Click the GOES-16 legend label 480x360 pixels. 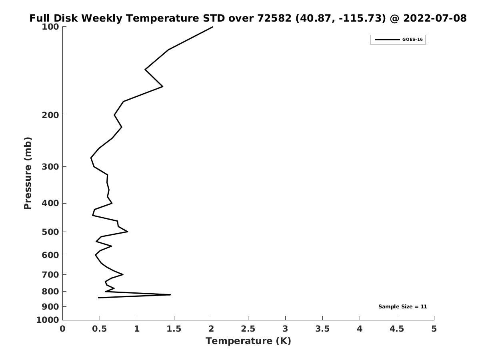pyautogui.click(x=412, y=40)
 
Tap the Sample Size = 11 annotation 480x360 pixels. pyautogui.click(x=402, y=307)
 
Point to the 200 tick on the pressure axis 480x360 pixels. pyautogui.click(x=64, y=115)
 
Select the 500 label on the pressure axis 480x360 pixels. pyautogui.click(x=50, y=232)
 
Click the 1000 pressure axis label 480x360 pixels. pyautogui.click(x=48, y=320)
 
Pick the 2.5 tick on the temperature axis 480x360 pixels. pyautogui.click(x=248, y=318)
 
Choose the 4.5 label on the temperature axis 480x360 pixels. pyautogui.click(x=397, y=329)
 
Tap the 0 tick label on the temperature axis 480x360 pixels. pyautogui.click(x=62, y=329)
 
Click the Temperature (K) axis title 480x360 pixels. pyautogui.click(x=248, y=341)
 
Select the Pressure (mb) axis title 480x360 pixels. pyautogui.click(x=28, y=173)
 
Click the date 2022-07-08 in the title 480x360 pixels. pyautogui.click(x=435, y=18)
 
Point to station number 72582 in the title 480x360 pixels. pyautogui.click(x=274, y=18)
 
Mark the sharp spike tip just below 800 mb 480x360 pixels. pyautogui.click(x=170, y=295)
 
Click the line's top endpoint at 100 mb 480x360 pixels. pyautogui.click(x=213, y=27)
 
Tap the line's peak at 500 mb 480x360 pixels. pyautogui.click(x=128, y=232)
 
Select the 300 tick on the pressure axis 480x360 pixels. pyautogui.click(x=64, y=166)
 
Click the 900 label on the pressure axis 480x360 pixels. pyautogui.click(x=50, y=307)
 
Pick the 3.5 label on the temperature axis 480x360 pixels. pyautogui.click(x=322, y=329)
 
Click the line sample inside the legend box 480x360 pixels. pyautogui.click(x=387, y=40)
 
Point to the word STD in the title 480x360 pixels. pyautogui.click(x=214, y=18)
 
